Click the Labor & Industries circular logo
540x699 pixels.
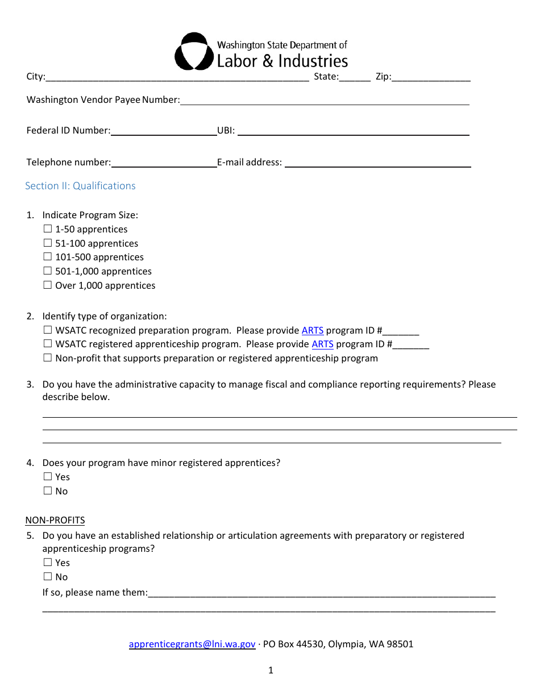click(x=194, y=52)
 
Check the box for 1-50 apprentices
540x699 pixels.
click(x=48, y=229)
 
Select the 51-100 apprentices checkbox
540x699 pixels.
click(x=48, y=243)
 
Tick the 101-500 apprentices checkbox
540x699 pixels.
click(x=48, y=257)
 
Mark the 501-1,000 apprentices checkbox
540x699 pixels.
click(x=48, y=271)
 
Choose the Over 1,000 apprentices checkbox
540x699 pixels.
click(x=48, y=285)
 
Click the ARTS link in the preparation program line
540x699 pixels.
click(x=312, y=330)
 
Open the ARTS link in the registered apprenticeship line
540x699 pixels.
click(x=322, y=344)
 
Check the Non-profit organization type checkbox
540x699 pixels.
click(x=48, y=358)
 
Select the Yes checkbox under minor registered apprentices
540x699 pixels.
click(x=48, y=477)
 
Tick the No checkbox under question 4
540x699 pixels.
click(x=48, y=491)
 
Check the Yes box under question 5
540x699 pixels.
click(x=48, y=563)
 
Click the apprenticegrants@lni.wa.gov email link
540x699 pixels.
click(x=192, y=644)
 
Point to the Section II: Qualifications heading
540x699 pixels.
click(x=80, y=186)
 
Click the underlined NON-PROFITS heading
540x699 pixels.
click(x=55, y=520)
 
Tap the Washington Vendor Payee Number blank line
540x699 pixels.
click(x=325, y=101)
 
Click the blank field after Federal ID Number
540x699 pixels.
click(x=164, y=131)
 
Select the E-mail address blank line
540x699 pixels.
click(x=377, y=163)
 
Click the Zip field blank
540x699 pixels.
click(x=431, y=77)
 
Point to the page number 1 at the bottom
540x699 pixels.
click(x=271, y=670)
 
